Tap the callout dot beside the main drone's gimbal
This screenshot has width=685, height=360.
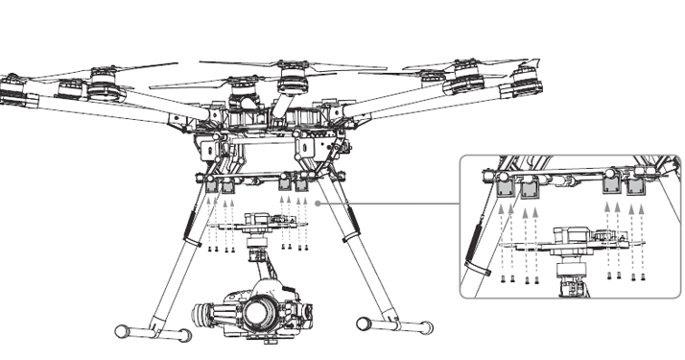[319, 203]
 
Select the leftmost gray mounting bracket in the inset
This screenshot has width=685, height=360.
[505, 189]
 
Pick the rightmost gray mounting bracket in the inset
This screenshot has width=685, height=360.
[636, 186]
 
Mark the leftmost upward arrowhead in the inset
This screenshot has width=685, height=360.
[503, 204]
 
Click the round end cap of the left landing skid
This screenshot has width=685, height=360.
[121, 331]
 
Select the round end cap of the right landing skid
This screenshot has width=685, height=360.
[362, 324]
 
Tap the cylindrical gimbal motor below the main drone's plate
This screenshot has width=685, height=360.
[257, 255]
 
